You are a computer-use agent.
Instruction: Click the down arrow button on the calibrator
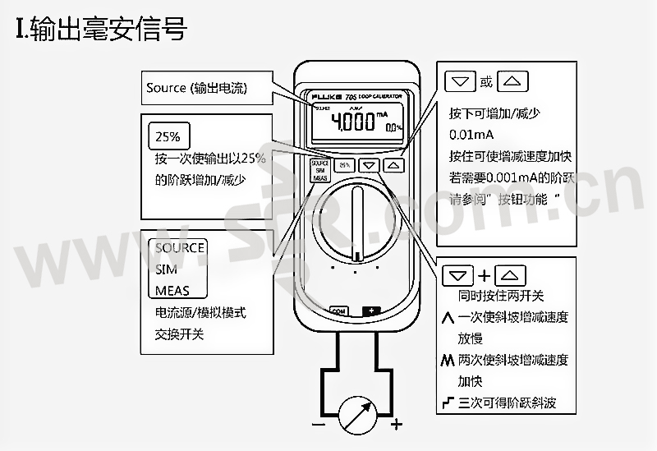tap(370, 164)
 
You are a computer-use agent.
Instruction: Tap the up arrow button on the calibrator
tap(395, 164)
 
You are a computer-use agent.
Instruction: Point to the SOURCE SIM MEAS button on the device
tap(319, 171)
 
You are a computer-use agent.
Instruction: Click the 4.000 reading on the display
tap(352, 122)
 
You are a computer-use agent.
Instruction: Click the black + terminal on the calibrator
tap(373, 311)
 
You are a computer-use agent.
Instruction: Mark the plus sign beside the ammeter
tap(397, 425)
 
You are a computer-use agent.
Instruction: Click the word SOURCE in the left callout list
tap(179, 248)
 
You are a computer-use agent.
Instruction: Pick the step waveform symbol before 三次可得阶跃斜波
tap(448, 403)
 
